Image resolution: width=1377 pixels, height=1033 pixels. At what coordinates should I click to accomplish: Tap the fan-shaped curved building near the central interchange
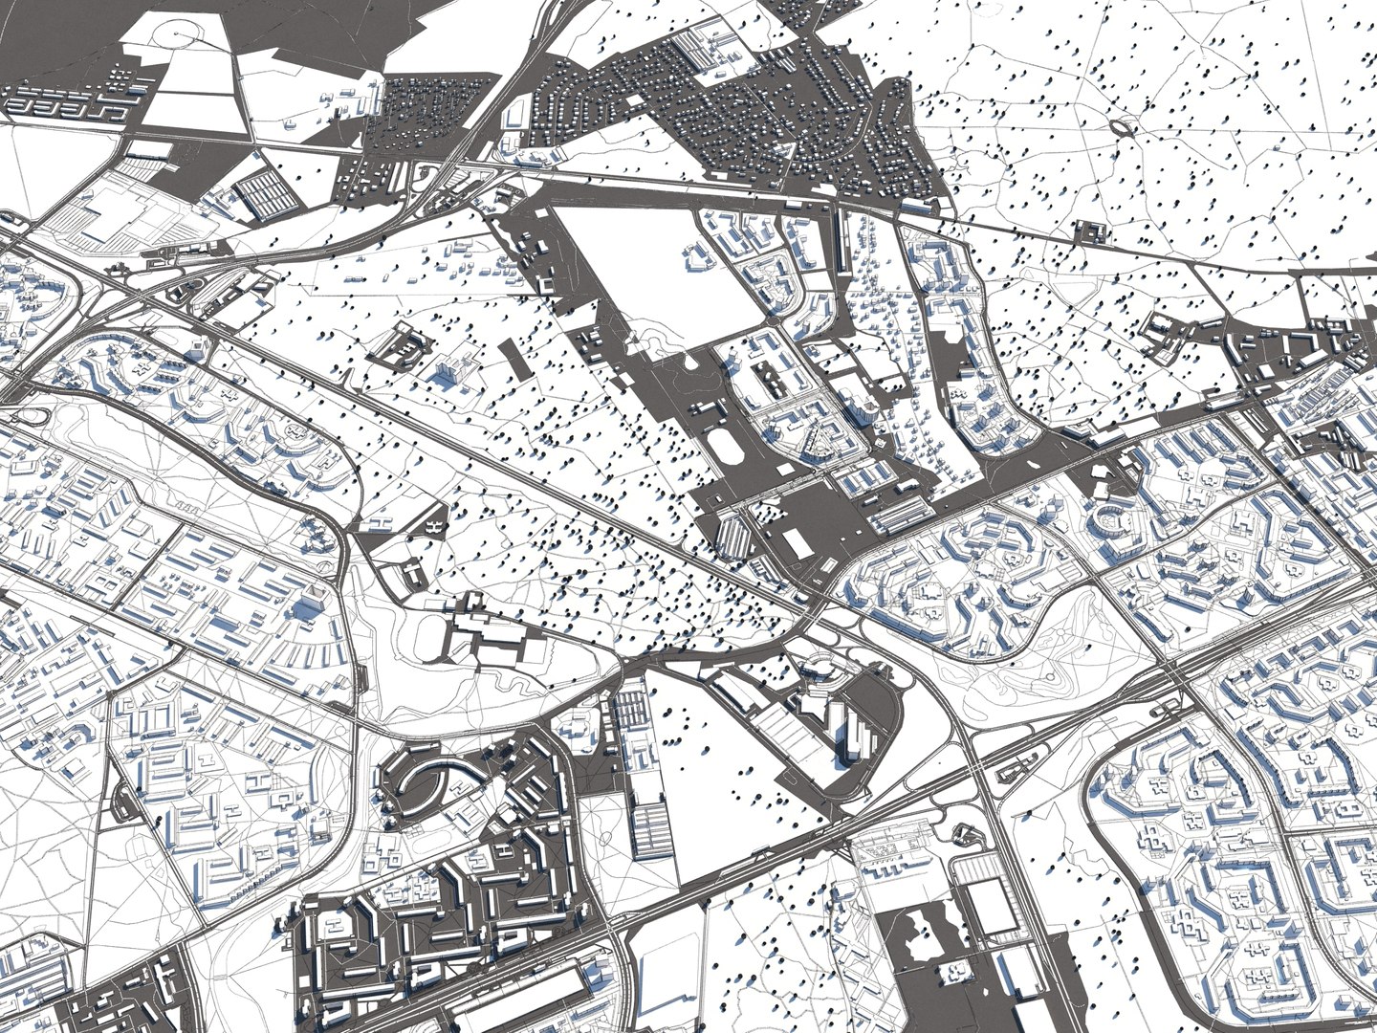tap(820, 670)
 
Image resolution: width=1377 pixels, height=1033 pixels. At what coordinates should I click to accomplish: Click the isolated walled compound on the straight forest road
tap(1089, 231)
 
